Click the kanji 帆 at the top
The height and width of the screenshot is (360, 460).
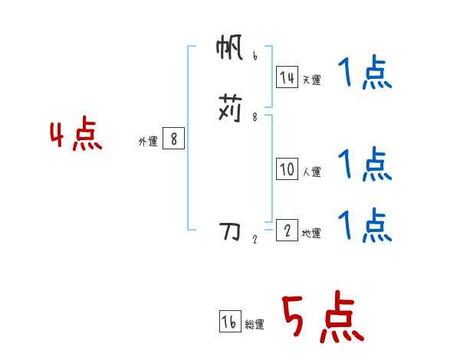click(230, 51)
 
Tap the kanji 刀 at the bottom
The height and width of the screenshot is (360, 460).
click(230, 230)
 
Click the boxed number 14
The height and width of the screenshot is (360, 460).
click(287, 77)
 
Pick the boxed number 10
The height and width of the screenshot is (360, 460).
click(287, 170)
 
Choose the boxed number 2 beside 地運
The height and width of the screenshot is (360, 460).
click(287, 231)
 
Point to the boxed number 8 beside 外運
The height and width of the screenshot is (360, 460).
click(174, 139)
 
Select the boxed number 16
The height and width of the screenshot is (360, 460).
click(229, 322)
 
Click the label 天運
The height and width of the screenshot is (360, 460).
click(311, 80)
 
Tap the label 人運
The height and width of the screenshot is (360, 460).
click(311, 172)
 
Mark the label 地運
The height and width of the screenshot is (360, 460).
click(311, 233)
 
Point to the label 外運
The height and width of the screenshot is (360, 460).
click(148, 142)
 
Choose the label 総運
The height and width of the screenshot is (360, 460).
click(255, 325)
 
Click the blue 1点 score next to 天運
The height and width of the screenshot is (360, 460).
click(365, 74)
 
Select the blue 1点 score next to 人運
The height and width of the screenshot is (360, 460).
click(365, 164)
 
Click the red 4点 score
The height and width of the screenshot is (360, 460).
click(76, 136)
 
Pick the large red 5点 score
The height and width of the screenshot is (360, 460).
click(322, 319)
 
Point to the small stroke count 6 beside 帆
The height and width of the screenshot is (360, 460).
click(255, 56)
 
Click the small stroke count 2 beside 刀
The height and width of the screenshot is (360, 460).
click(255, 239)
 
